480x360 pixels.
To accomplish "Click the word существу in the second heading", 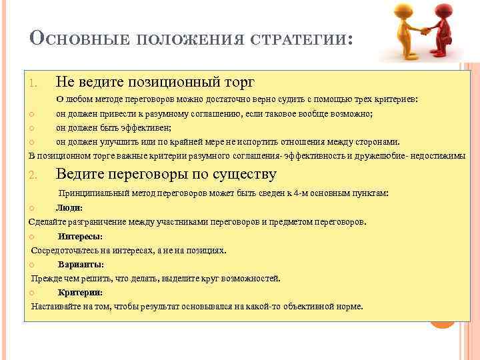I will (243, 175).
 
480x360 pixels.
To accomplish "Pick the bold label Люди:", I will (69, 208).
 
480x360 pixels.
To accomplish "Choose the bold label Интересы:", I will (80, 236).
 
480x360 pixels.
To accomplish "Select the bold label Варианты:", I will (80, 264).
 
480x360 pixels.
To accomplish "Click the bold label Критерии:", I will (80, 292).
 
